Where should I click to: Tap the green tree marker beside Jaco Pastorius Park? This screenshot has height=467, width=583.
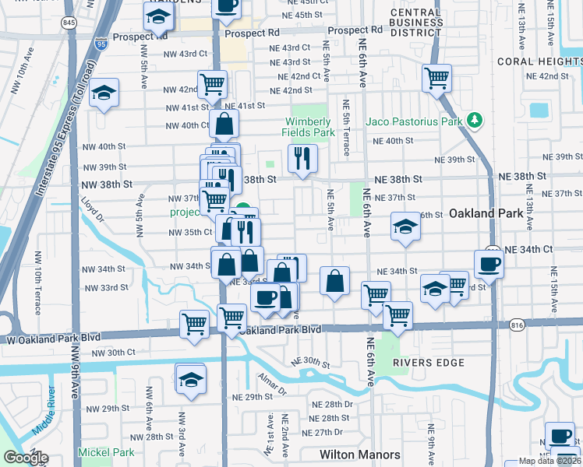pos(473,120)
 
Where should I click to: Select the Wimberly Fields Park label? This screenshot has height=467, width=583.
pos(309,127)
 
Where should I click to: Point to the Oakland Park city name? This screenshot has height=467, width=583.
pos(484,212)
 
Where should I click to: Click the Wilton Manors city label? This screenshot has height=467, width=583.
pos(359,455)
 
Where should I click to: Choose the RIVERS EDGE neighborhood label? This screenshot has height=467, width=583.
pos(428,363)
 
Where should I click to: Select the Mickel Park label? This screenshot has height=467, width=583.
pos(105,452)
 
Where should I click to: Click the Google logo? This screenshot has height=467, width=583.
pos(26,458)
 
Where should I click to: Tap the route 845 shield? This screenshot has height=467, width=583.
pos(70,23)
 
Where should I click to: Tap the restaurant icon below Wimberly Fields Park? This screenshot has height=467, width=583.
pos(302,157)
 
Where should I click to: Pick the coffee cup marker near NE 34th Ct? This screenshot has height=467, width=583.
pos(489,263)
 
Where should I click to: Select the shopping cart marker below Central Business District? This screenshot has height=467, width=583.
pos(436,77)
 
